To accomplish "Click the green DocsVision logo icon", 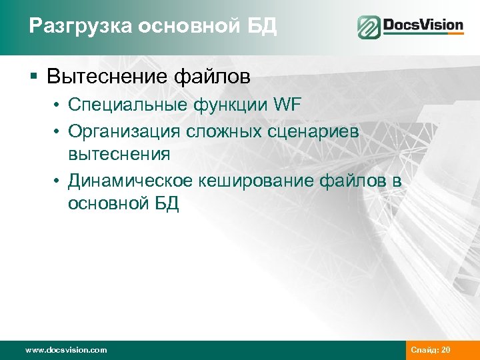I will point(369,27).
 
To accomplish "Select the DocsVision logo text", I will point(423,26).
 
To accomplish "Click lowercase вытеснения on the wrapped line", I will point(119,155).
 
